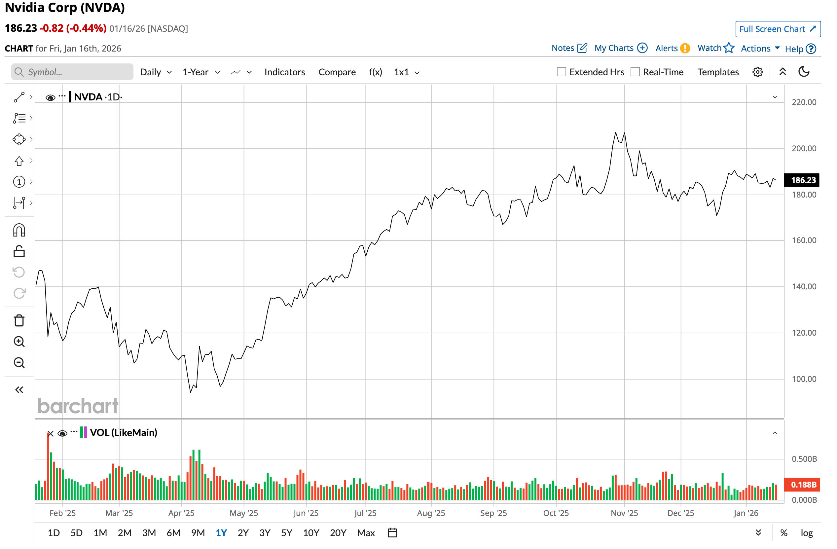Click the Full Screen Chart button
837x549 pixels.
778,29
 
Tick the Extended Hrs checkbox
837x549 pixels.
561,72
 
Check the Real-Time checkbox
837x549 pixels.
635,72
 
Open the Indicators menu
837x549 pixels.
284,72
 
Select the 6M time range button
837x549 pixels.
173,533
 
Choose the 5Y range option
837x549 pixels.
287,533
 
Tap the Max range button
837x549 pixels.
366,533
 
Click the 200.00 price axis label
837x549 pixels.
804,148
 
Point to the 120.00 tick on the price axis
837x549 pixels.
804,333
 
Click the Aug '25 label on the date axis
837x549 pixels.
431,513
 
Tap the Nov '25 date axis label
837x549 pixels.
624,513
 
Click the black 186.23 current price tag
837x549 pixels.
803,180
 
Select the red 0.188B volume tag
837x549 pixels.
803,485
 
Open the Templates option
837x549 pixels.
718,72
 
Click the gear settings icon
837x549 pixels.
757,72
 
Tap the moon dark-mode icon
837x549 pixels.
804,72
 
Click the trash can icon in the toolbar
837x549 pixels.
19,321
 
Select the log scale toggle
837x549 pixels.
806,533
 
